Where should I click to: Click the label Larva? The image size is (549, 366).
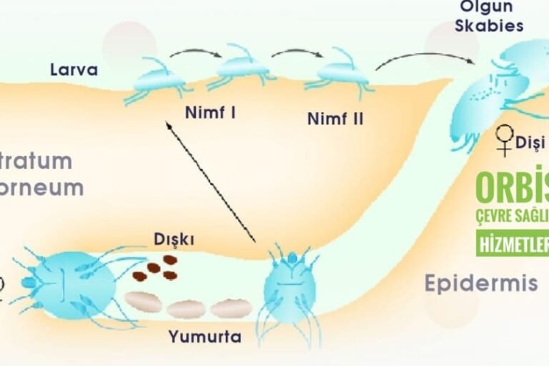coord(74,70)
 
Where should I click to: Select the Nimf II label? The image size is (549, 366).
coord(335,118)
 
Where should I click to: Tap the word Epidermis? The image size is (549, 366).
coord(480,283)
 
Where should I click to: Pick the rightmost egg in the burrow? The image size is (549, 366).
coord(230,308)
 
